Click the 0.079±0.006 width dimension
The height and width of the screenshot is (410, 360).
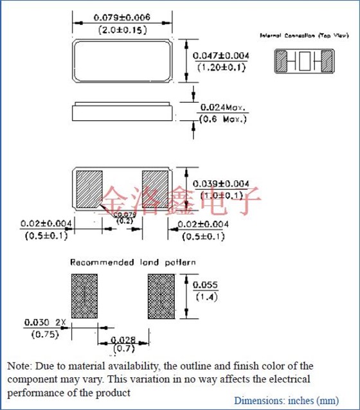point(123,18)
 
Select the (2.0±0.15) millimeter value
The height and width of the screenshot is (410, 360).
point(123,30)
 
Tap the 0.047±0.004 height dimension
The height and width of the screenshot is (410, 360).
point(221,57)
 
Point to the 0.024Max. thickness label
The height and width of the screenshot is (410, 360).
point(223,107)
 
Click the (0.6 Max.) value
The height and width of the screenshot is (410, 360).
point(222,120)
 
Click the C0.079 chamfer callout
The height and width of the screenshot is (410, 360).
point(123,214)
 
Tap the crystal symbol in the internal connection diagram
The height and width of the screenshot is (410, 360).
point(305,62)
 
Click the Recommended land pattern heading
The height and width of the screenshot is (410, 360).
point(133,262)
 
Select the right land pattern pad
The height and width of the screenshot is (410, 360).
point(161,295)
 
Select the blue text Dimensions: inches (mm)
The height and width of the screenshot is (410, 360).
point(286,400)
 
